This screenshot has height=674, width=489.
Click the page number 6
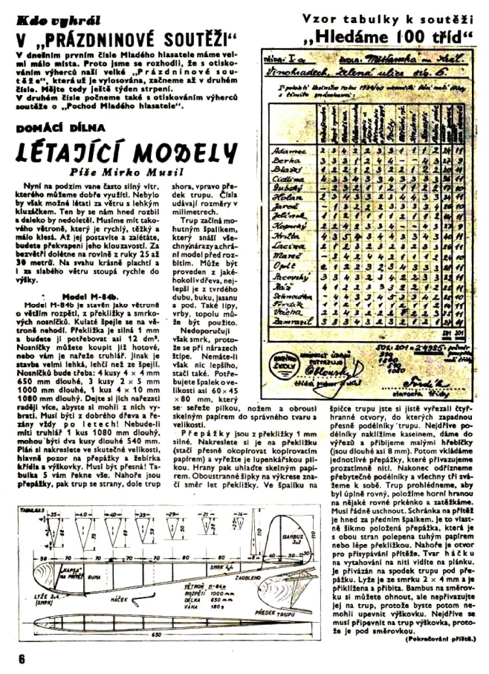[x=22, y=658]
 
